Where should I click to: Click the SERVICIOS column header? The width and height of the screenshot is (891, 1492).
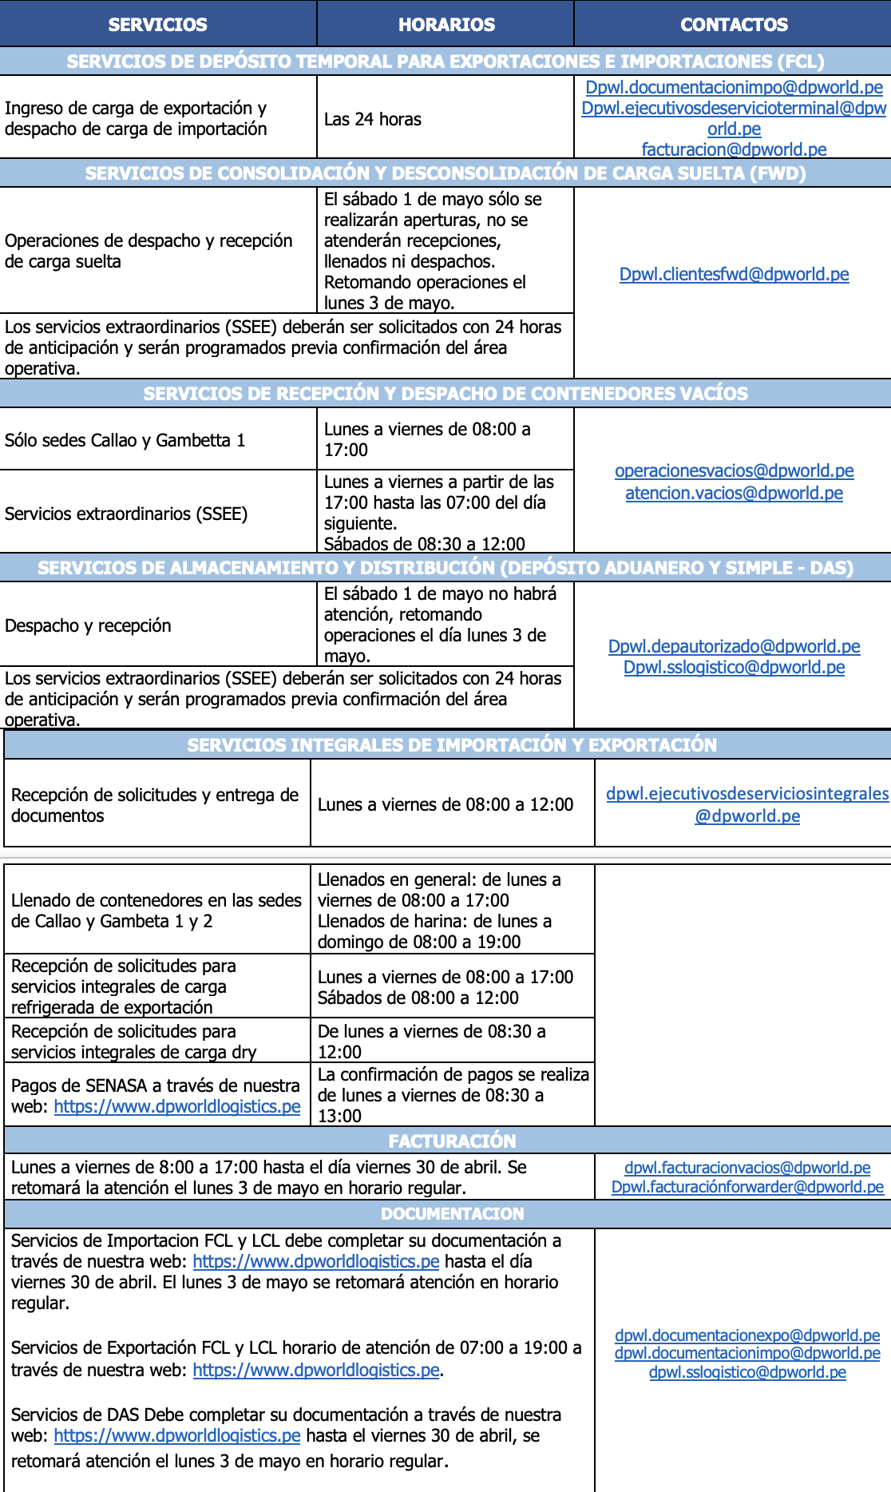click(x=157, y=25)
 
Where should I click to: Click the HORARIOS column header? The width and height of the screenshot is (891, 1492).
click(x=446, y=25)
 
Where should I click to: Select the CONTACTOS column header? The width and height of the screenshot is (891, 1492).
click(x=734, y=25)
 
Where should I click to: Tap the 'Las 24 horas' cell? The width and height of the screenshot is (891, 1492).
click(x=373, y=120)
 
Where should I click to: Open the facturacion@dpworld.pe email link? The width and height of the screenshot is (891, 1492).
click(x=734, y=149)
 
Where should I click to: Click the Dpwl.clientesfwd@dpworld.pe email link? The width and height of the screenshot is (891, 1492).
click(x=734, y=275)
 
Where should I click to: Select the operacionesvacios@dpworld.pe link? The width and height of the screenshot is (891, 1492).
click(x=734, y=471)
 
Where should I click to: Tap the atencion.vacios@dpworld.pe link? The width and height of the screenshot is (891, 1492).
click(x=734, y=494)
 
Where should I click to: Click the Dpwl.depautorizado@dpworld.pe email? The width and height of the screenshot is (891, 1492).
click(x=734, y=647)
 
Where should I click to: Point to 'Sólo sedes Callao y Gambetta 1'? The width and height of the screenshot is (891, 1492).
click(x=125, y=441)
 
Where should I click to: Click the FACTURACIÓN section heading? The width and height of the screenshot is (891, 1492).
click(x=452, y=1141)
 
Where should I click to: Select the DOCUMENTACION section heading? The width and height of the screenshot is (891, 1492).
click(x=452, y=1214)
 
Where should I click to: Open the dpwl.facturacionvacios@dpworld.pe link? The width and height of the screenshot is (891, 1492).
click(x=747, y=1168)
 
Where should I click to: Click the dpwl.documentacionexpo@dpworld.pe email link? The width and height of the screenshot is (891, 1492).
click(x=747, y=1335)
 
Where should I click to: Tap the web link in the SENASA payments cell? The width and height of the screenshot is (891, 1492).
click(x=177, y=1107)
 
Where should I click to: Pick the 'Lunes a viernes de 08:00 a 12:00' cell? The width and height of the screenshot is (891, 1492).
click(x=445, y=805)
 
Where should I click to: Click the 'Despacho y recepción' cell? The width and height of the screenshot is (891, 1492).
click(x=88, y=626)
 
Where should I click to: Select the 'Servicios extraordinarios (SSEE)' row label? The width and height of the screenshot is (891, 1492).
click(x=126, y=514)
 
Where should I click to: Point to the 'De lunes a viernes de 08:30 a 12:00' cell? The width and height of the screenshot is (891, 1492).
click(x=431, y=1042)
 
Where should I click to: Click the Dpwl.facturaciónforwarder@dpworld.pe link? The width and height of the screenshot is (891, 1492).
click(x=747, y=1187)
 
